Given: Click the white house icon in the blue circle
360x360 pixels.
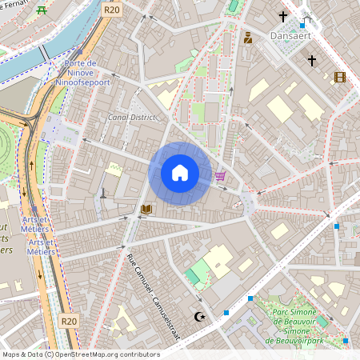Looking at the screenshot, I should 179,173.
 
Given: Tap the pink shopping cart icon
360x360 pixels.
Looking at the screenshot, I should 220,176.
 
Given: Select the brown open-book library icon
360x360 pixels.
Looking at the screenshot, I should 146,210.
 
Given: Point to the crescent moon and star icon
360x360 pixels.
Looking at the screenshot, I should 200,317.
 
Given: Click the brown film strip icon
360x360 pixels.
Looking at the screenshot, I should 340,77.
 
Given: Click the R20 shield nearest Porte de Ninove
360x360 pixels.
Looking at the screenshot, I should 112,9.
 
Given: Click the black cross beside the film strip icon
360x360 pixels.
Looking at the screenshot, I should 312,60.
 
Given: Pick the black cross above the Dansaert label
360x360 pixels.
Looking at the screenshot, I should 282,16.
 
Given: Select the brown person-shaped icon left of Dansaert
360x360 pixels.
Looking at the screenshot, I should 248,37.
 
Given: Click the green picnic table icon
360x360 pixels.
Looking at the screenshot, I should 42,9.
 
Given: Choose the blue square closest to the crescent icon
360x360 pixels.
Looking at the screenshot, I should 227,311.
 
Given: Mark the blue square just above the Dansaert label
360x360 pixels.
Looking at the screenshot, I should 304,24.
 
